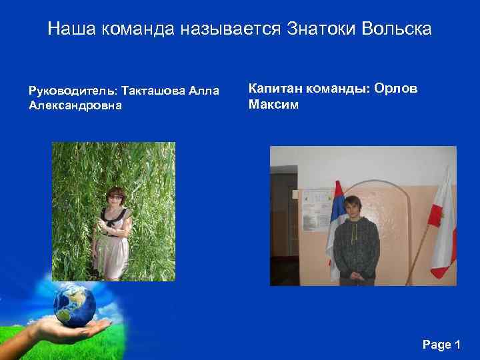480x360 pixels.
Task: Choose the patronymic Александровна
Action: pyautogui.click(x=75, y=105)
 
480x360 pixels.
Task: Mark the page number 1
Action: pyautogui.click(x=457, y=345)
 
